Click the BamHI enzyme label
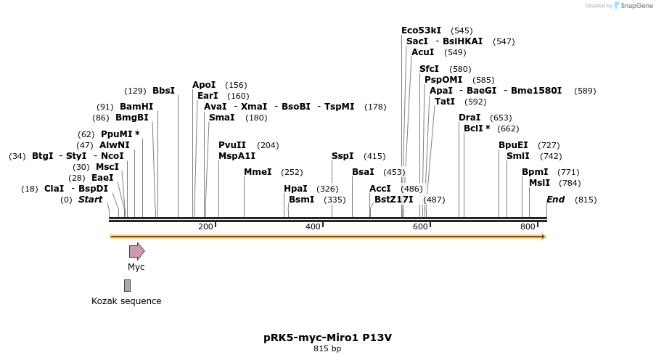[136, 106]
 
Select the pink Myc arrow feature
[136, 251]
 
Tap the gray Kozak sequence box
[127, 285]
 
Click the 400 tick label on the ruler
[313, 226]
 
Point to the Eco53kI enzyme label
[421, 30]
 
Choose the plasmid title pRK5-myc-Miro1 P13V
[327, 337]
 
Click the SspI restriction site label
[343, 156]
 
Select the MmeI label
[258, 172]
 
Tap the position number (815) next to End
[585, 200]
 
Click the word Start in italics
[91, 200]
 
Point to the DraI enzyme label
[470, 118]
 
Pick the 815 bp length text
[327, 349]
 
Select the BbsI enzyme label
[163, 91]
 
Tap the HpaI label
[295, 189]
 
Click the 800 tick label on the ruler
[528, 226]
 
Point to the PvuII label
[232, 145]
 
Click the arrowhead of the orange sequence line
[542, 236]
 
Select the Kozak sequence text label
[126, 301]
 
